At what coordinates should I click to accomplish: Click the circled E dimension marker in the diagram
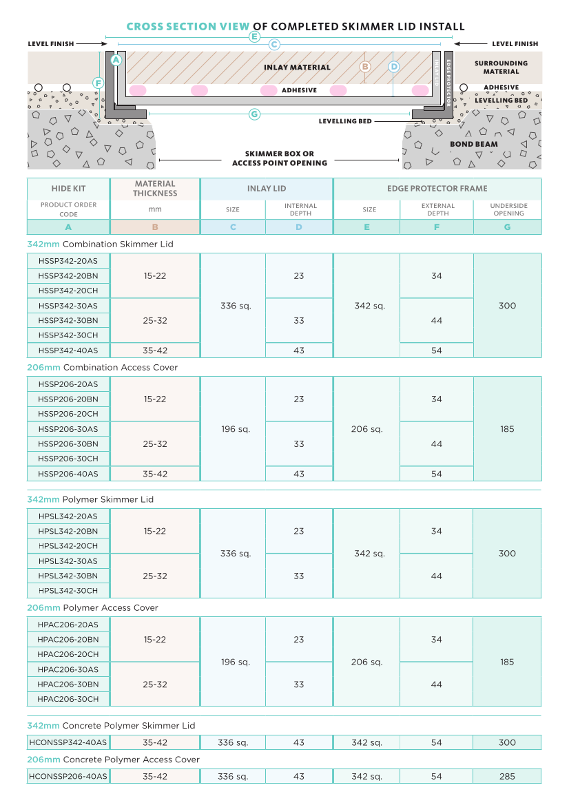click(254, 36)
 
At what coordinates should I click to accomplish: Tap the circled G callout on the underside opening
click(254, 114)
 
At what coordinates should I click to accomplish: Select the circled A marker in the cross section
click(116, 61)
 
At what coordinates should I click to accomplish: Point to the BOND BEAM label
click(473, 145)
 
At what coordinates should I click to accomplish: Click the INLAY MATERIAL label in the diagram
click(297, 67)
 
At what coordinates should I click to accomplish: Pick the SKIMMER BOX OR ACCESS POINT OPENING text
click(280, 158)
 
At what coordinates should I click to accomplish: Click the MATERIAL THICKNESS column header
click(155, 189)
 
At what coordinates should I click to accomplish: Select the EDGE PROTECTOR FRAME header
click(437, 189)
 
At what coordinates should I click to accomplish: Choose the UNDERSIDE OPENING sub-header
click(508, 209)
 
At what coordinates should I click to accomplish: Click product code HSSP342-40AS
click(68, 351)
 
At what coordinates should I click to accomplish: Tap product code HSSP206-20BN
click(68, 399)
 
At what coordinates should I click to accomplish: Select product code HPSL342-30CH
click(68, 591)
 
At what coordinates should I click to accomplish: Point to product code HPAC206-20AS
click(68, 625)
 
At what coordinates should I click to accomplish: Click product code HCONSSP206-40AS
click(68, 777)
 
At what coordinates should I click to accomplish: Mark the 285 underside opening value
click(507, 777)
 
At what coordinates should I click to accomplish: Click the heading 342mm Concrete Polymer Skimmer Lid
click(111, 726)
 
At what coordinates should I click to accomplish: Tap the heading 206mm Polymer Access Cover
click(92, 608)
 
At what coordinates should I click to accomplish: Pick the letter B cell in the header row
click(155, 227)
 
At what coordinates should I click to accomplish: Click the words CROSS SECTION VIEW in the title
click(188, 27)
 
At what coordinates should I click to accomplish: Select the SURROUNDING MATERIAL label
click(501, 67)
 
